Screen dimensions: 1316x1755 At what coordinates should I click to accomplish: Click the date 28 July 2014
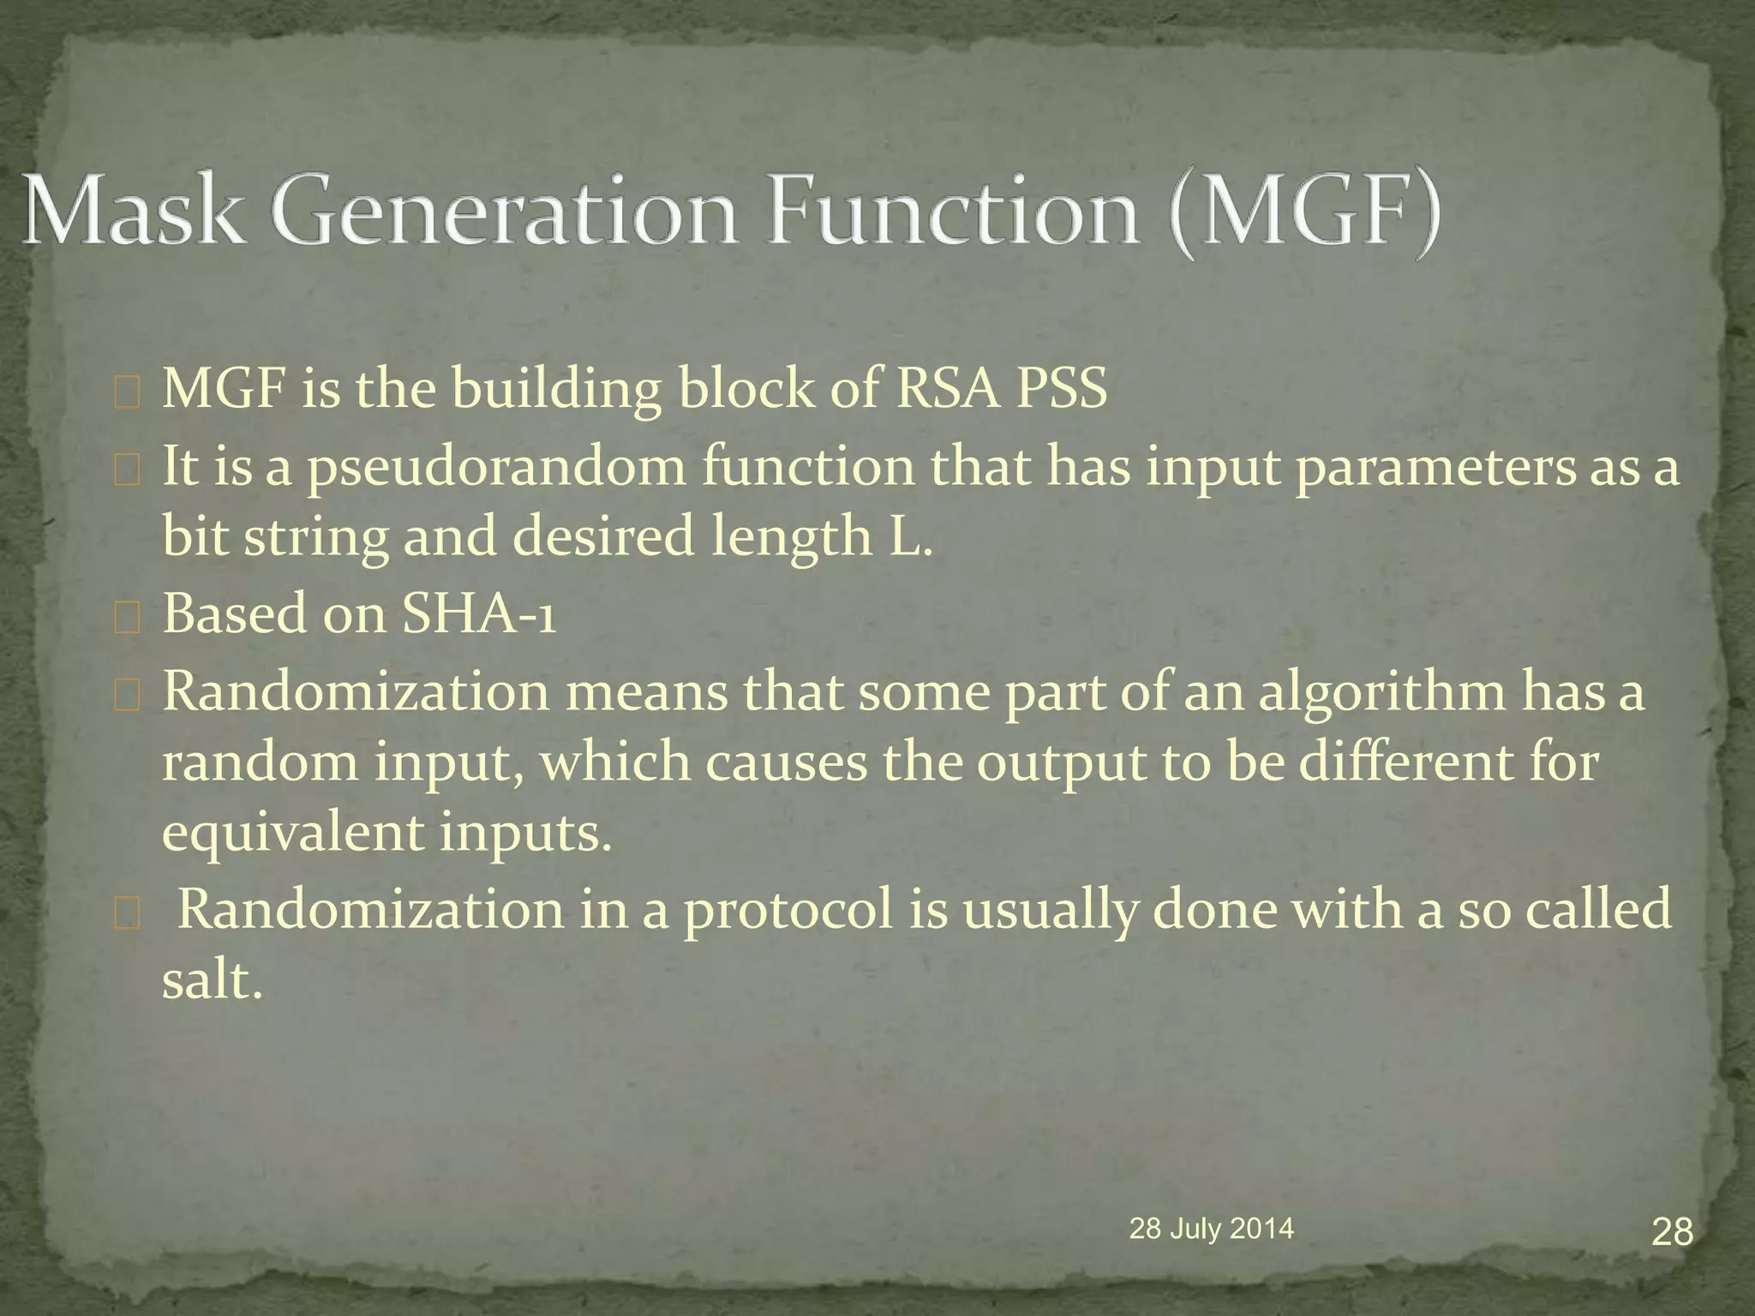tap(1211, 1229)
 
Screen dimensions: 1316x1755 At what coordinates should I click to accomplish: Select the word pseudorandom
tap(496, 469)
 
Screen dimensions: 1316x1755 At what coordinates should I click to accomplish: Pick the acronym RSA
tap(947, 389)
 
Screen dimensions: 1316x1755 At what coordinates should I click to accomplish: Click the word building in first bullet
tap(556, 391)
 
